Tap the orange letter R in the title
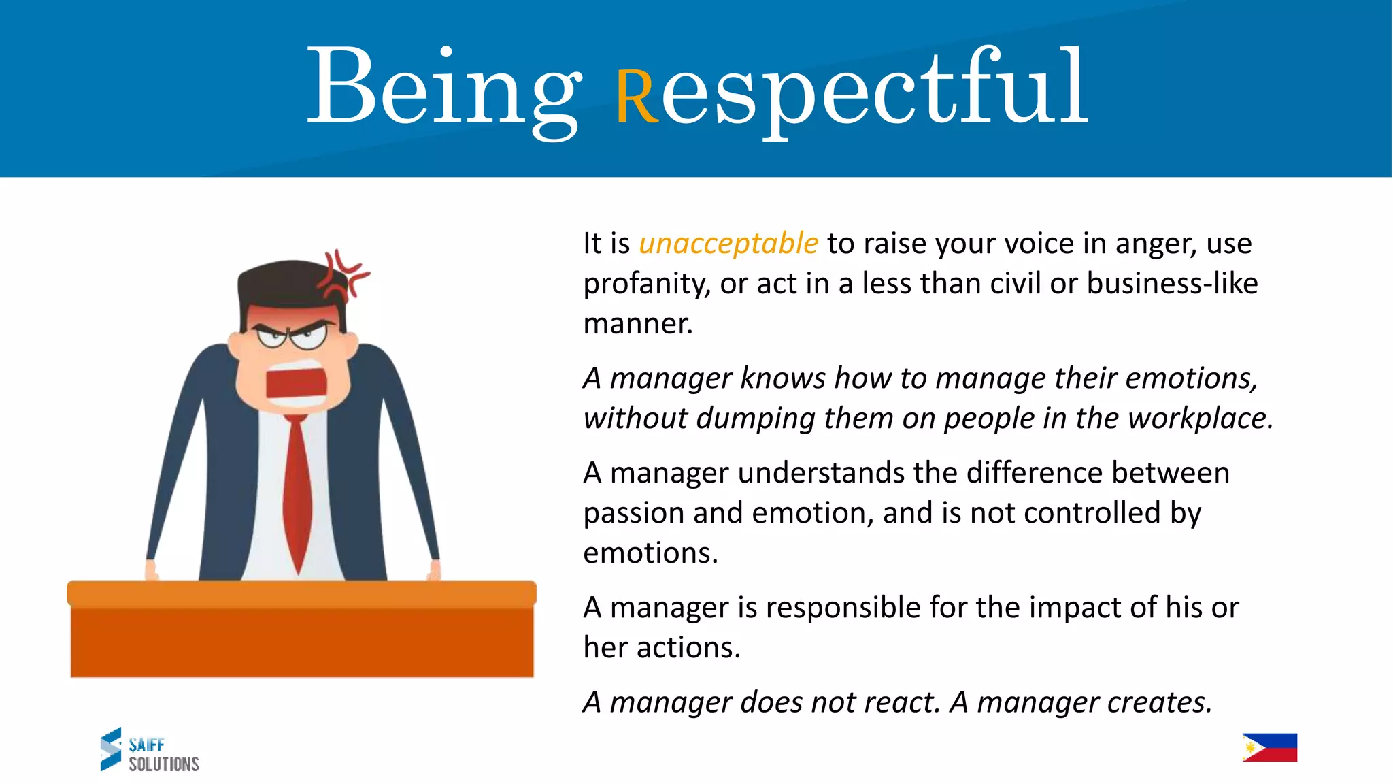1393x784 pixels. (637, 97)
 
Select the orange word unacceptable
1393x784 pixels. (728, 243)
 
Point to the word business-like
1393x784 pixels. (1172, 283)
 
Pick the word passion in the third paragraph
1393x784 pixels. (633, 513)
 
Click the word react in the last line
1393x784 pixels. (904, 702)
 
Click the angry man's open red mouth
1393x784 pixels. (296, 383)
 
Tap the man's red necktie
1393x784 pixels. (297, 490)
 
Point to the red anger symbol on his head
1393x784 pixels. (345, 276)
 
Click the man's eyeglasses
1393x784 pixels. (292, 336)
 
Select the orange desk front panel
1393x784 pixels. (301, 641)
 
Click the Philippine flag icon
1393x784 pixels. (1269, 747)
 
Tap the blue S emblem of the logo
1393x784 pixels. (111, 749)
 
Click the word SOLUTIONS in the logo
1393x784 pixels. (164, 764)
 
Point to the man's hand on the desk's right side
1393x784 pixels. (433, 570)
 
